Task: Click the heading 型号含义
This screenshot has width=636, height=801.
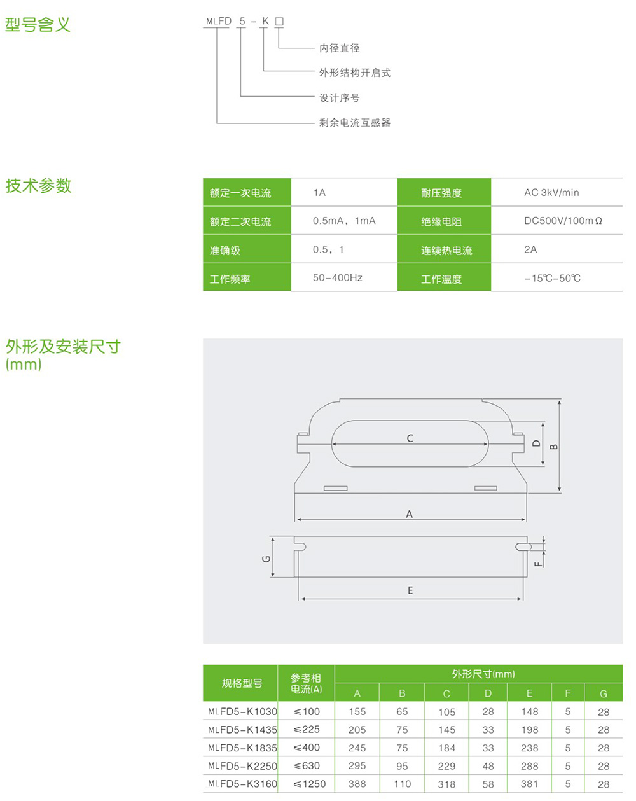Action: pyautogui.click(x=38, y=25)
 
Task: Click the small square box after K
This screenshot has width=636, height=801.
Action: pyautogui.click(x=279, y=22)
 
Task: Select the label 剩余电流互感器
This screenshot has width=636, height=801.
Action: pyautogui.click(x=355, y=122)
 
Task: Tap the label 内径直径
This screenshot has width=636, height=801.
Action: pyautogui.click(x=340, y=48)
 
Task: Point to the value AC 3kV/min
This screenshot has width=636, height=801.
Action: pyautogui.click(x=551, y=192)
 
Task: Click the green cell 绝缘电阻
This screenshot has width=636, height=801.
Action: pyautogui.click(x=441, y=221)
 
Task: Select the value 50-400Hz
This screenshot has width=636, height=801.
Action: pyautogui.click(x=338, y=277)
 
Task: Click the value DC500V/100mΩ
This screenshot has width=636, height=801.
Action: pyautogui.click(x=563, y=221)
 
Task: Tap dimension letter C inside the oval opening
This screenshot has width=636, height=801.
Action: pyautogui.click(x=410, y=438)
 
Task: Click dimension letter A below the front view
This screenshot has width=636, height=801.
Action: pyautogui.click(x=410, y=514)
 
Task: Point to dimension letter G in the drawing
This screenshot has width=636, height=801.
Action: pyautogui.click(x=266, y=559)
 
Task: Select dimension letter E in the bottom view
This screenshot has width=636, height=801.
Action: pyautogui.click(x=410, y=590)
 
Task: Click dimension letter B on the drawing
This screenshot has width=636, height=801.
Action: pyautogui.click(x=553, y=447)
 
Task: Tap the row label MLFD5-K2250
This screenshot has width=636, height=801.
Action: pyautogui.click(x=243, y=765)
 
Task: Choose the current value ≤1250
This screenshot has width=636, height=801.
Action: pyautogui.click(x=310, y=784)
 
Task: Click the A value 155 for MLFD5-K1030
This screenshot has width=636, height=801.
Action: pyautogui.click(x=357, y=712)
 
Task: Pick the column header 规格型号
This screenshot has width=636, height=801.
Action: pyautogui.click(x=242, y=683)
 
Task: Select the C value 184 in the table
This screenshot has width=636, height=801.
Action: pyautogui.click(x=446, y=748)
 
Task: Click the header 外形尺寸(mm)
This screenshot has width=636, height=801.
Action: pyautogui.click(x=483, y=674)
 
